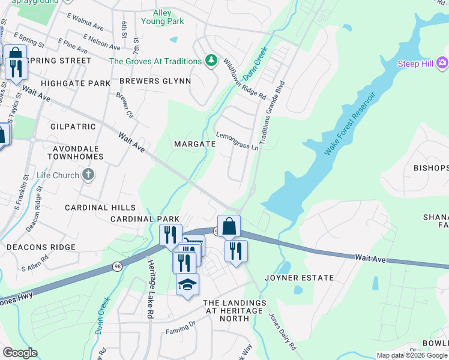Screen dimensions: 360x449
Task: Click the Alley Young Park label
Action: [161, 17]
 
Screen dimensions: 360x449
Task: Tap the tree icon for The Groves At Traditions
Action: [211, 61]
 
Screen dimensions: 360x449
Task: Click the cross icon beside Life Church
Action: [88, 175]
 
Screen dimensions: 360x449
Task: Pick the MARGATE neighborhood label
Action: [194, 144]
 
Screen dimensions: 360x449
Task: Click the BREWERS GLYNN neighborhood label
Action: [155, 81]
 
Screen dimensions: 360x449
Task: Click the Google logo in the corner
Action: [20, 353]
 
